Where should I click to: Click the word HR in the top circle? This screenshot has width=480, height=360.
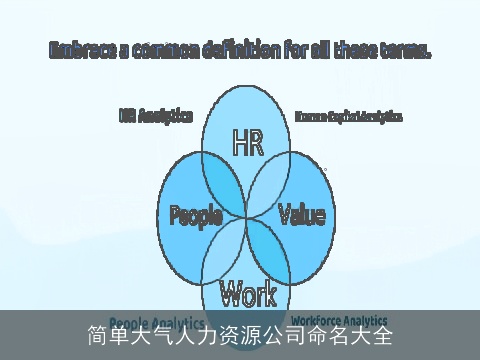pyautogui.click(x=247, y=144)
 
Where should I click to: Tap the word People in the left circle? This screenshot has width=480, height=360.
pyautogui.click(x=195, y=214)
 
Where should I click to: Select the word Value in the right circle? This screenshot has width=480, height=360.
pyautogui.click(x=301, y=214)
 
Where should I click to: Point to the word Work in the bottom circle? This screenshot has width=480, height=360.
pyautogui.click(x=247, y=293)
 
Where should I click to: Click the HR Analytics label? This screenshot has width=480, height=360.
pyautogui.click(x=155, y=116)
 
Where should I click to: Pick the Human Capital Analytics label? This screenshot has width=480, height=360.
pyautogui.click(x=348, y=117)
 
